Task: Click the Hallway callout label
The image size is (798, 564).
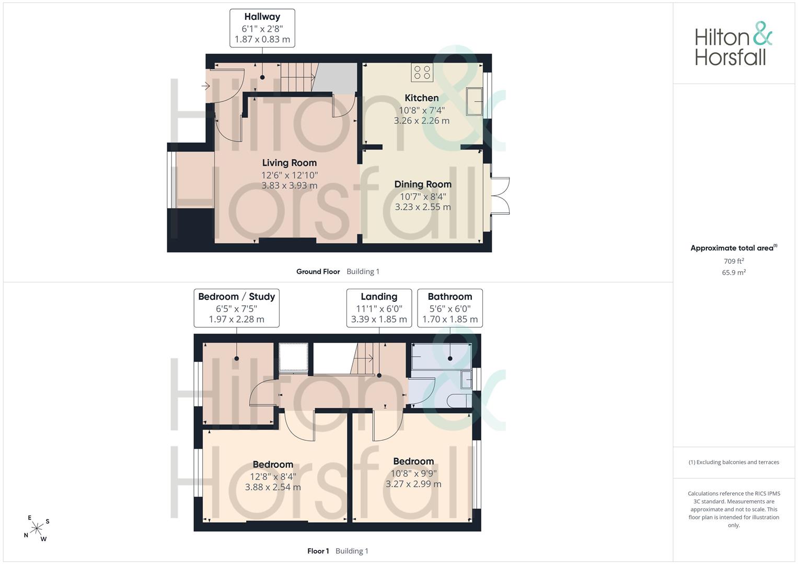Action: coord(262,28)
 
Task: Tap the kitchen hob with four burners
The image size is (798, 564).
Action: coord(422,72)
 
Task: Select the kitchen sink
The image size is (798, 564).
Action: coord(475,101)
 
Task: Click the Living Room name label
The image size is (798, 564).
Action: coord(290,163)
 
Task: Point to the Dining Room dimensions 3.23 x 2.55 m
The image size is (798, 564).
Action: coord(423,207)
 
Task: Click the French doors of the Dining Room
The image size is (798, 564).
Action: coord(500,196)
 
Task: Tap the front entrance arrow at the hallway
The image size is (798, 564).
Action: coord(205,86)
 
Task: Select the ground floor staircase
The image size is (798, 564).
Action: coord(299,77)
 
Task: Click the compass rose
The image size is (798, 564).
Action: coord(37,528)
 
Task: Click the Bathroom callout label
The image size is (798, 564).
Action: coord(450,308)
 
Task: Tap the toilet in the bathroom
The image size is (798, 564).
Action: coord(459,401)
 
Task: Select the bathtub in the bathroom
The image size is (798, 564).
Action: coord(442,356)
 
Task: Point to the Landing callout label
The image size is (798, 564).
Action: coord(379,308)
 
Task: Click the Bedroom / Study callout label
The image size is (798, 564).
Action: coord(237,308)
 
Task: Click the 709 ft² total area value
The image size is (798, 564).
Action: coord(734,261)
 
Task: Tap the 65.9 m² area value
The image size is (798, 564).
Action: coord(734,273)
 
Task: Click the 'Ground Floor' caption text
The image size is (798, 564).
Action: coord(318,272)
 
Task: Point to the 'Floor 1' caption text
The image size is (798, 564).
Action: coord(318,551)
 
